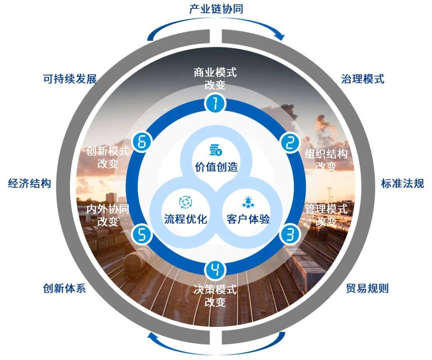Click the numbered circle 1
(216, 104)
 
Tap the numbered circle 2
(290, 143)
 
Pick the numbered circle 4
(216, 270)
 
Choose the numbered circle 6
(142, 142)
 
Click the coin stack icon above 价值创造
(216, 150)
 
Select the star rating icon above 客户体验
(248, 202)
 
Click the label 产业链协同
(216, 9)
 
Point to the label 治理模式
(362, 79)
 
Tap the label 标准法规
(402, 183)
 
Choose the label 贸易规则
(367, 288)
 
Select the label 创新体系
(64, 288)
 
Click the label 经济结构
(30, 183)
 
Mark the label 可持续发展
(70, 79)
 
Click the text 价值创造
(216, 167)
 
